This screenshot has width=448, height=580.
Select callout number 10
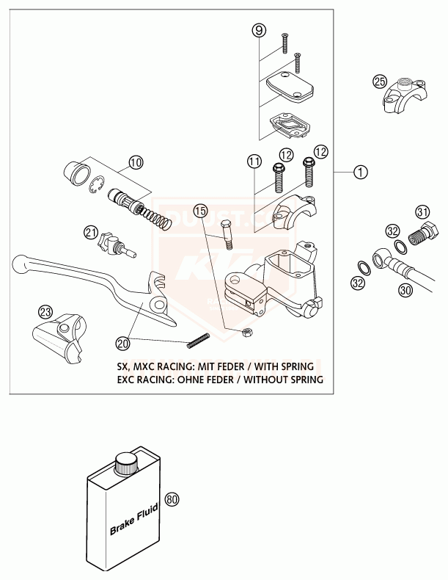(135, 162)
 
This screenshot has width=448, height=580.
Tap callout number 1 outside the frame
(359, 173)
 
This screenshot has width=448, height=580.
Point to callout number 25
(379, 81)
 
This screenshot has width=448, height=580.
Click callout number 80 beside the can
(172, 499)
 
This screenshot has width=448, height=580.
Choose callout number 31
(422, 212)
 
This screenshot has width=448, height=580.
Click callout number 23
(45, 311)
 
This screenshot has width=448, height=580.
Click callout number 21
(90, 233)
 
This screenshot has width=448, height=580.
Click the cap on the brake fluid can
(128, 463)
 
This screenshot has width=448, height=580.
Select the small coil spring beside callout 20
(200, 340)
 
